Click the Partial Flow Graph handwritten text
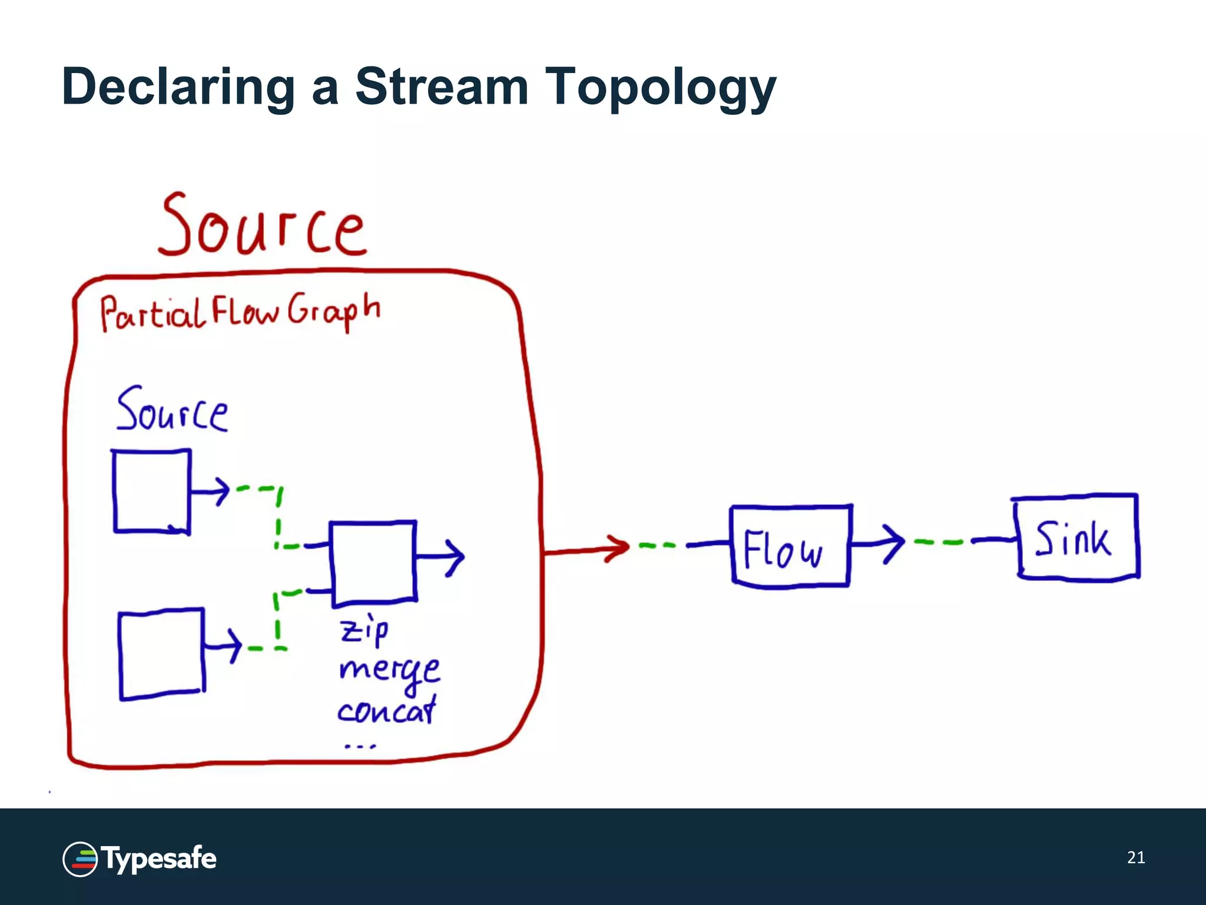pos(238,312)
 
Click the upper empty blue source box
pos(151,492)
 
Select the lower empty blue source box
pos(161,654)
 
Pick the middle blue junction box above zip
pos(373,563)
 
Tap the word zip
pos(365,630)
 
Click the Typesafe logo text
pos(159,858)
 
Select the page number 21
pos(1135,857)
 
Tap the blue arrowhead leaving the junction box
pos(455,557)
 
